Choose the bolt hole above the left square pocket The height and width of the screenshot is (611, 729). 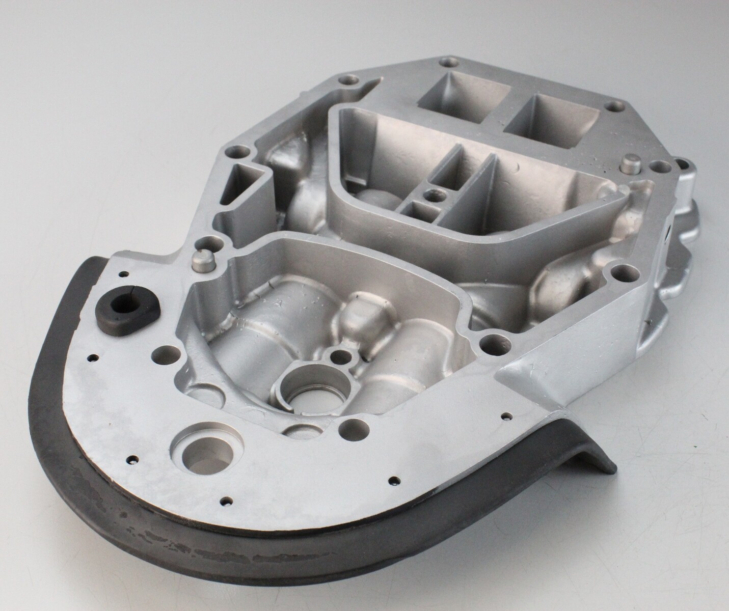(x=448, y=64)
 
